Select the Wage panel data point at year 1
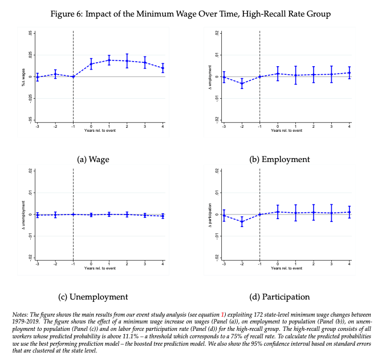click(109, 60)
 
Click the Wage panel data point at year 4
click(163, 68)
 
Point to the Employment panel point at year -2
click(242, 83)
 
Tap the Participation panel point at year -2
click(242, 221)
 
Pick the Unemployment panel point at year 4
click(163, 216)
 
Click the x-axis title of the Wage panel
click(100, 131)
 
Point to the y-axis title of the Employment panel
click(210, 76)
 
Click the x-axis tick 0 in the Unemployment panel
click(91, 264)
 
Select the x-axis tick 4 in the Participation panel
click(350, 264)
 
